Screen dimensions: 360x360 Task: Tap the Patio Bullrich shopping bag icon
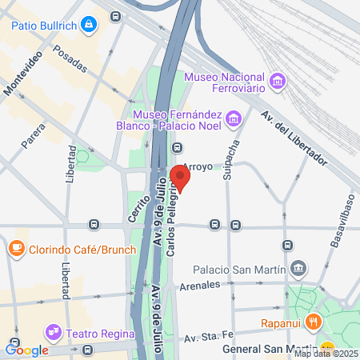click(89, 24)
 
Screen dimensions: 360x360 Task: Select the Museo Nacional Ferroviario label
click(227, 82)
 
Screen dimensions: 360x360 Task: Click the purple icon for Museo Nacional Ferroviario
click(278, 82)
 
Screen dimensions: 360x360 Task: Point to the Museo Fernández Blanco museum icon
click(234, 120)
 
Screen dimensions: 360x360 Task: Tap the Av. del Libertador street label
click(294, 138)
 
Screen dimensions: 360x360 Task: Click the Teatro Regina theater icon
click(53, 330)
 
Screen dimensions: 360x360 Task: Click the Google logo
click(26, 350)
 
